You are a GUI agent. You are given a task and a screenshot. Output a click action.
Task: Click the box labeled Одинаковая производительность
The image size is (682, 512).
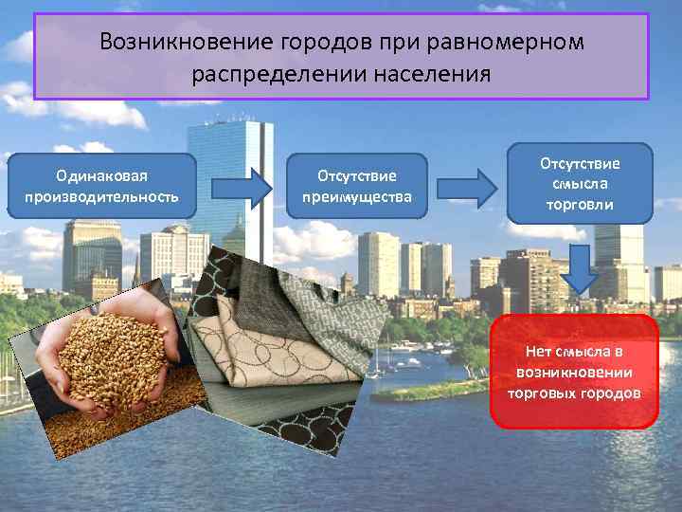[102, 186]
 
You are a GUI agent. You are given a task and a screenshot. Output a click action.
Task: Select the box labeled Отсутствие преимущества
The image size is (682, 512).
[357, 186]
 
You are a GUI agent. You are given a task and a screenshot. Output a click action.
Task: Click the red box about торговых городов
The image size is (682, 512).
[574, 371]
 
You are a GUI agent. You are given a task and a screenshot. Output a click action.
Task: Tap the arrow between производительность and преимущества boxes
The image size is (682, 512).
[241, 188]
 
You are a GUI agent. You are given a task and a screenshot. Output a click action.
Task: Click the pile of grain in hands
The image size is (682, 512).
[112, 365]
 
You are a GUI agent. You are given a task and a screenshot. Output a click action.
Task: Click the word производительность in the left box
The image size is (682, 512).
[102, 197]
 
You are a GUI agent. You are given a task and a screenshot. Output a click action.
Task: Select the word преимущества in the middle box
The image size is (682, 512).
[357, 197]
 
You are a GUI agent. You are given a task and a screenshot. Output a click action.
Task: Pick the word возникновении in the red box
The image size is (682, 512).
[574, 372]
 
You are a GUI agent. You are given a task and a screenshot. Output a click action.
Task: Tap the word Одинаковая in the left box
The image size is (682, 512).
[102, 175]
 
